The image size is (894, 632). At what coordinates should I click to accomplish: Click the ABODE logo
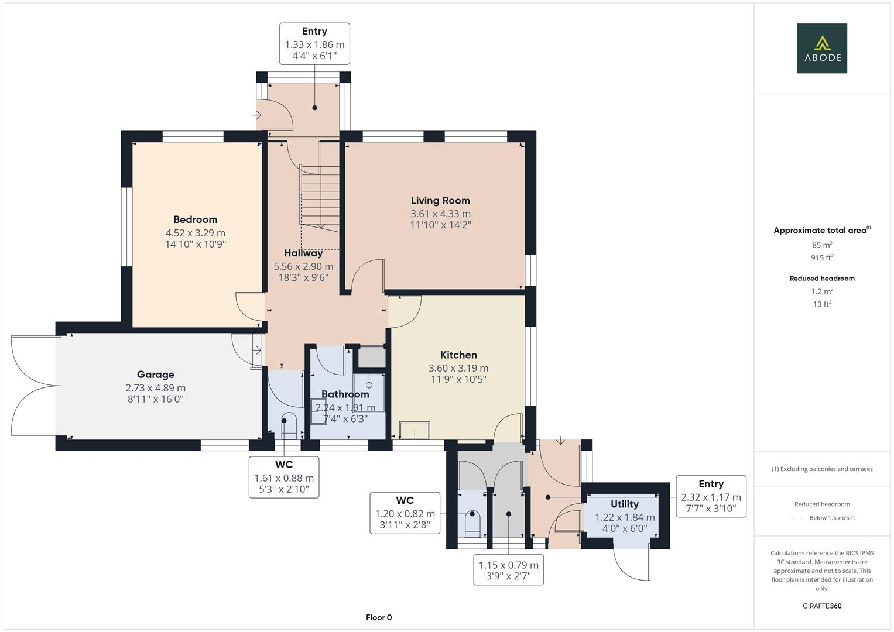tap(821, 48)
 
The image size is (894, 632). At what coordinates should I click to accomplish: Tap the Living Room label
tap(440, 201)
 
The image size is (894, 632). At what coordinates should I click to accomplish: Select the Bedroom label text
tap(195, 219)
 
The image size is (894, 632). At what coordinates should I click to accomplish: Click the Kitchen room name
tap(458, 355)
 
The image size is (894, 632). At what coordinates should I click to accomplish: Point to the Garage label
tap(155, 375)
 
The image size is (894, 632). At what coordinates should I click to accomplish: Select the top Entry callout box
tap(314, 43)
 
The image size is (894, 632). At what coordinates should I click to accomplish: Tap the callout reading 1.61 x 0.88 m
tap(284, 477)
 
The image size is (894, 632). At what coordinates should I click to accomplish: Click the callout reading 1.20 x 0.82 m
tap(405, 513)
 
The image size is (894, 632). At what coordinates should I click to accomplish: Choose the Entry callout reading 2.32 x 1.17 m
tap(711, 496)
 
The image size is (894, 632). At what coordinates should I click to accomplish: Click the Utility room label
tap(625, 504)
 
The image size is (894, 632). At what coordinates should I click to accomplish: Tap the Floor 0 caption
tap(379, 617)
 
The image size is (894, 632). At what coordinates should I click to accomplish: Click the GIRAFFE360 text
tap(821, 606)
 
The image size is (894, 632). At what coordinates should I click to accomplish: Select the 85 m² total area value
tap(821, 245)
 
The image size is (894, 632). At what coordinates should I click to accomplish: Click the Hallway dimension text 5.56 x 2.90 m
tap(303, 266)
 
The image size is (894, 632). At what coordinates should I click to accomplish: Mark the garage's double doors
tap(34, 385)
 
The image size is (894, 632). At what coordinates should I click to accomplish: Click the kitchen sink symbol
tap(414, 431)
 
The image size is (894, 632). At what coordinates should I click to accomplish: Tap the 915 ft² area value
tap(821, 257)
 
